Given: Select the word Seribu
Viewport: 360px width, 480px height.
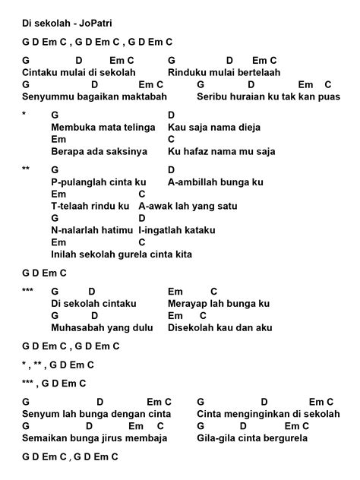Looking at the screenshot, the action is [x=213, y=97].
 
